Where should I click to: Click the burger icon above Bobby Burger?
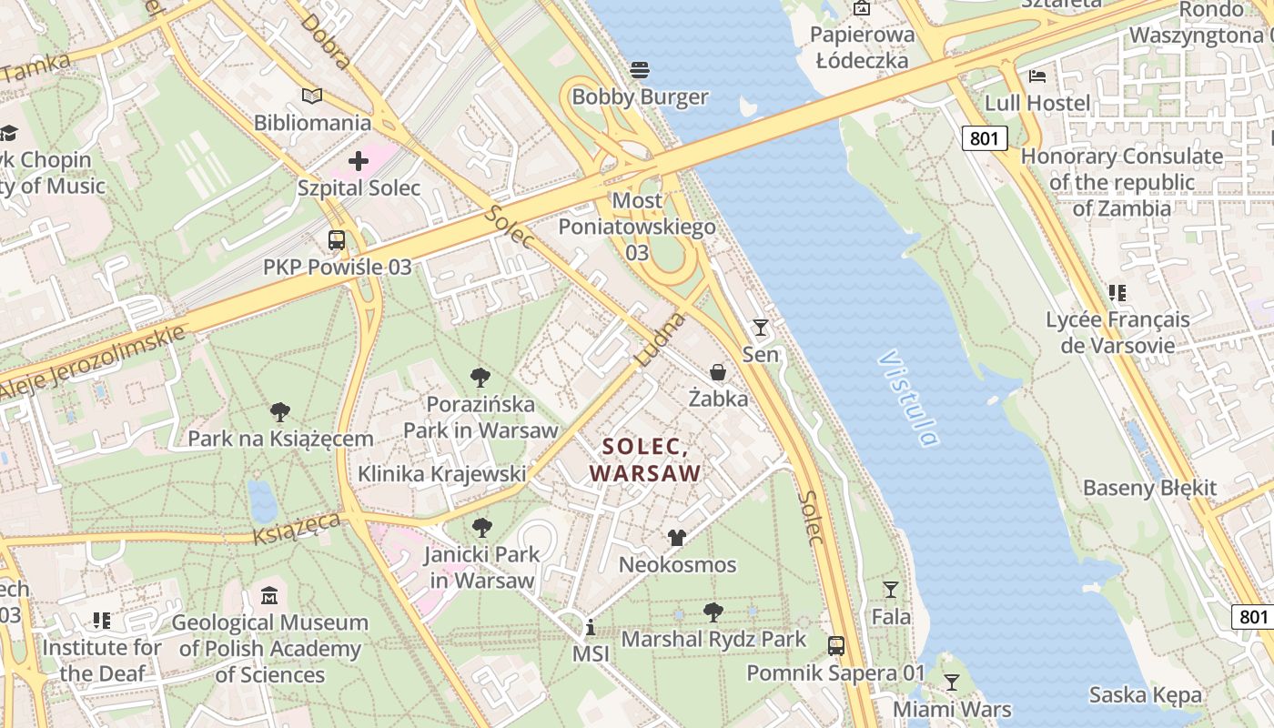pyautogui.click(x=640, y=70)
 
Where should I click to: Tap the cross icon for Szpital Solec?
pyautogui.click(x=359, y=161)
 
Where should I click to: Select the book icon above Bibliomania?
pyautogui.click(x=312, y=96)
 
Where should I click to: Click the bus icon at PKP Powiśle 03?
pyautogui.click(x=337, y=240)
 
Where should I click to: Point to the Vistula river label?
pyautogui.click(x=908, y=399)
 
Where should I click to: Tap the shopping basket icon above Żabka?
pyautogui.click(x=718, y=372)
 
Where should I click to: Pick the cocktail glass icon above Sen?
pyautogui.click(x=761, y=328)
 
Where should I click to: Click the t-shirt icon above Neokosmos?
pyautogui.click(x=677, y=538)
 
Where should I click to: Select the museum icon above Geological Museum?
pyautogui.click(x=269, y=597)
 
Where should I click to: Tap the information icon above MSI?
pyautogui.click(x=590, y=627)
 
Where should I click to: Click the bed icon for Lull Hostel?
pyautogui.click(x=1036, y=76)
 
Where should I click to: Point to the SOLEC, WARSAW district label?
pyautogui.click(x=645, y=460)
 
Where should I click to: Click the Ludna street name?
pyautogui.click(x=659, y=339)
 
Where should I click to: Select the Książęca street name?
pyautogui.click(x=297, y=528)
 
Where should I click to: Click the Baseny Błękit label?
pyautogui.click(x=1149, y=488)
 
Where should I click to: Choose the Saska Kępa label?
pyautogui.click(x=1146, y=695)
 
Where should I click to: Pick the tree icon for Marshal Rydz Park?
pyautogui.click(x=713, y=612)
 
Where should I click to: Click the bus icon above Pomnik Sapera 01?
pyautogui.click(x=836, y=646)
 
